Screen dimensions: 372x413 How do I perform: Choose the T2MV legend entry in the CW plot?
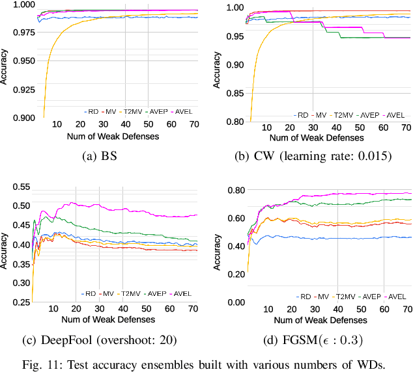[345, 115]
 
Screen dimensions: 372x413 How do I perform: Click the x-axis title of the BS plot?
[112, 136]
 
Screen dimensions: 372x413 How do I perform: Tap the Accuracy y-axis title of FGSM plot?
[218, 246]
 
